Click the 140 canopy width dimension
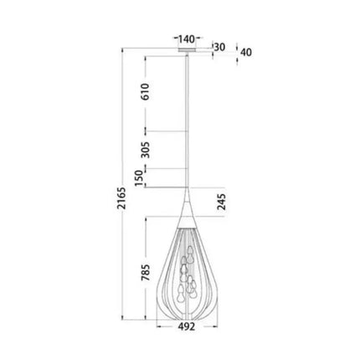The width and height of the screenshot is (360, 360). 186,39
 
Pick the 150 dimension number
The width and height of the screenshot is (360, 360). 147,178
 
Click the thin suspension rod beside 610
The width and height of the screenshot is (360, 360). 186,109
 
